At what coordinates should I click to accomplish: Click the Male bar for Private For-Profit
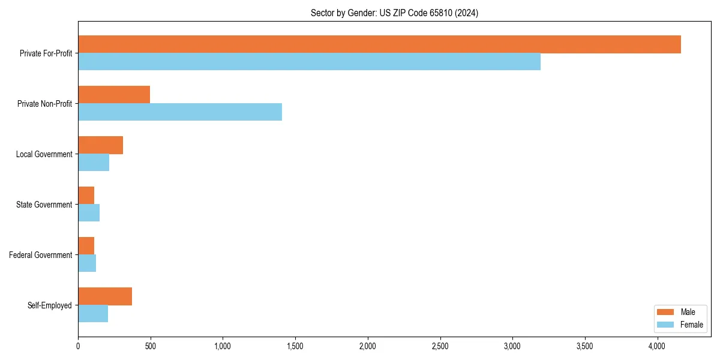pos(379,44)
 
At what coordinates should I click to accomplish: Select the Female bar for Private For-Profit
pos(309,62)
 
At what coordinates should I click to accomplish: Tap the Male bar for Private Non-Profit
pos(114,95)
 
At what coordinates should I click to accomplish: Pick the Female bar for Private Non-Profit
pos(180,112)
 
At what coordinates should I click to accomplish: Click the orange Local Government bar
pos(100,145)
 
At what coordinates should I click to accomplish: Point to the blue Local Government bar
pos(94,163)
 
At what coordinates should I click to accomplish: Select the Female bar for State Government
pos(89,213)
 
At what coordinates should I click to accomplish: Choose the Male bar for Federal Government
pos(86,246)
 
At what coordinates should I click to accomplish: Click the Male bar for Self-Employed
pos(105,296)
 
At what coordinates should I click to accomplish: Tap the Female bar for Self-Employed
pos(93,314)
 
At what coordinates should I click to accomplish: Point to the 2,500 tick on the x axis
pos(440,346)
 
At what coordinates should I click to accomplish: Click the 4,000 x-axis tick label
pos(657,346)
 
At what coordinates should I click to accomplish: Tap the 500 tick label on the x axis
pos(151,346)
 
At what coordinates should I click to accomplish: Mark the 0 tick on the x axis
pos(78,346)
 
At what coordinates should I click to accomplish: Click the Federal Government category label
pos(41,255)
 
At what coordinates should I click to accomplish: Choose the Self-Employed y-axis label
pos(50,305)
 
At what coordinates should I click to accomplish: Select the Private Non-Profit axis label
pos(45,104)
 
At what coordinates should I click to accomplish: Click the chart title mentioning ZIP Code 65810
pos(394,13)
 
